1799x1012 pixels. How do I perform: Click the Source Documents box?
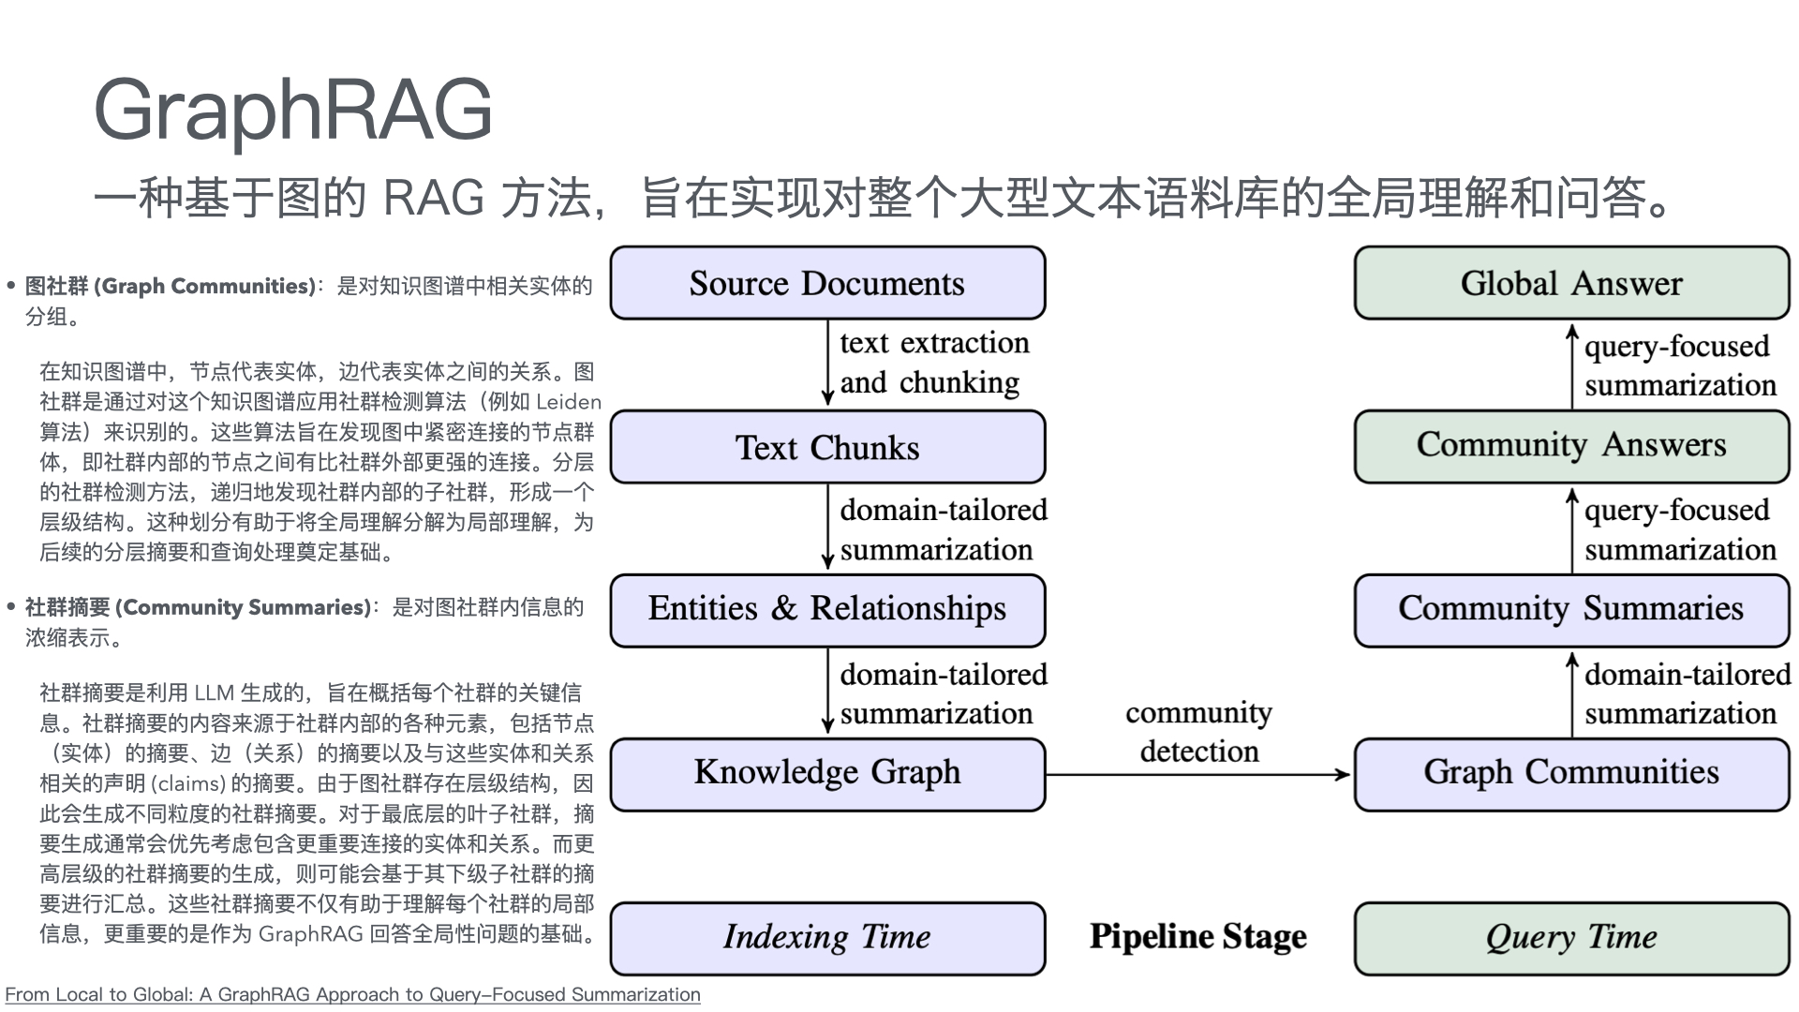click(827, 283)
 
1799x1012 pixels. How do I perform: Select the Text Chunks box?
click(827, 447)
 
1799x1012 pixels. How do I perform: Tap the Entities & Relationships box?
click(827, 610)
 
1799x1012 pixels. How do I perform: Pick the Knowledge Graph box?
click(827, 774)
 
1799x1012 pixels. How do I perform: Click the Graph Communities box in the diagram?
click(1571, 774)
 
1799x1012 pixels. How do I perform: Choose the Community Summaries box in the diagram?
click(1571, 610)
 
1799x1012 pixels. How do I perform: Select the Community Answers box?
click(1571, 446)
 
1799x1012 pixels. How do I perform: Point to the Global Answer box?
click(1571, 283)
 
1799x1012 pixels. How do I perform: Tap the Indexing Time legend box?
click(827, 938)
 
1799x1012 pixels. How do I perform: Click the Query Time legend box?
click(1571, 938)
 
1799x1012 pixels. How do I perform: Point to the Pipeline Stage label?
click(1198, 937)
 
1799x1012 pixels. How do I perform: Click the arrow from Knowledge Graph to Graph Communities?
click(1198, 775)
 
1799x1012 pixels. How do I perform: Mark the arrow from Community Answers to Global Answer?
click(1572, 365)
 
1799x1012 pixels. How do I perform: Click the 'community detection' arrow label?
click(1198, 732)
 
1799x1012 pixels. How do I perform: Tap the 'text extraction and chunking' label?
click(933, 363)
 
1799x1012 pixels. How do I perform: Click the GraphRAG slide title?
click(292, 110)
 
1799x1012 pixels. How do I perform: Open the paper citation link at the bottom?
click(352, 994)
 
